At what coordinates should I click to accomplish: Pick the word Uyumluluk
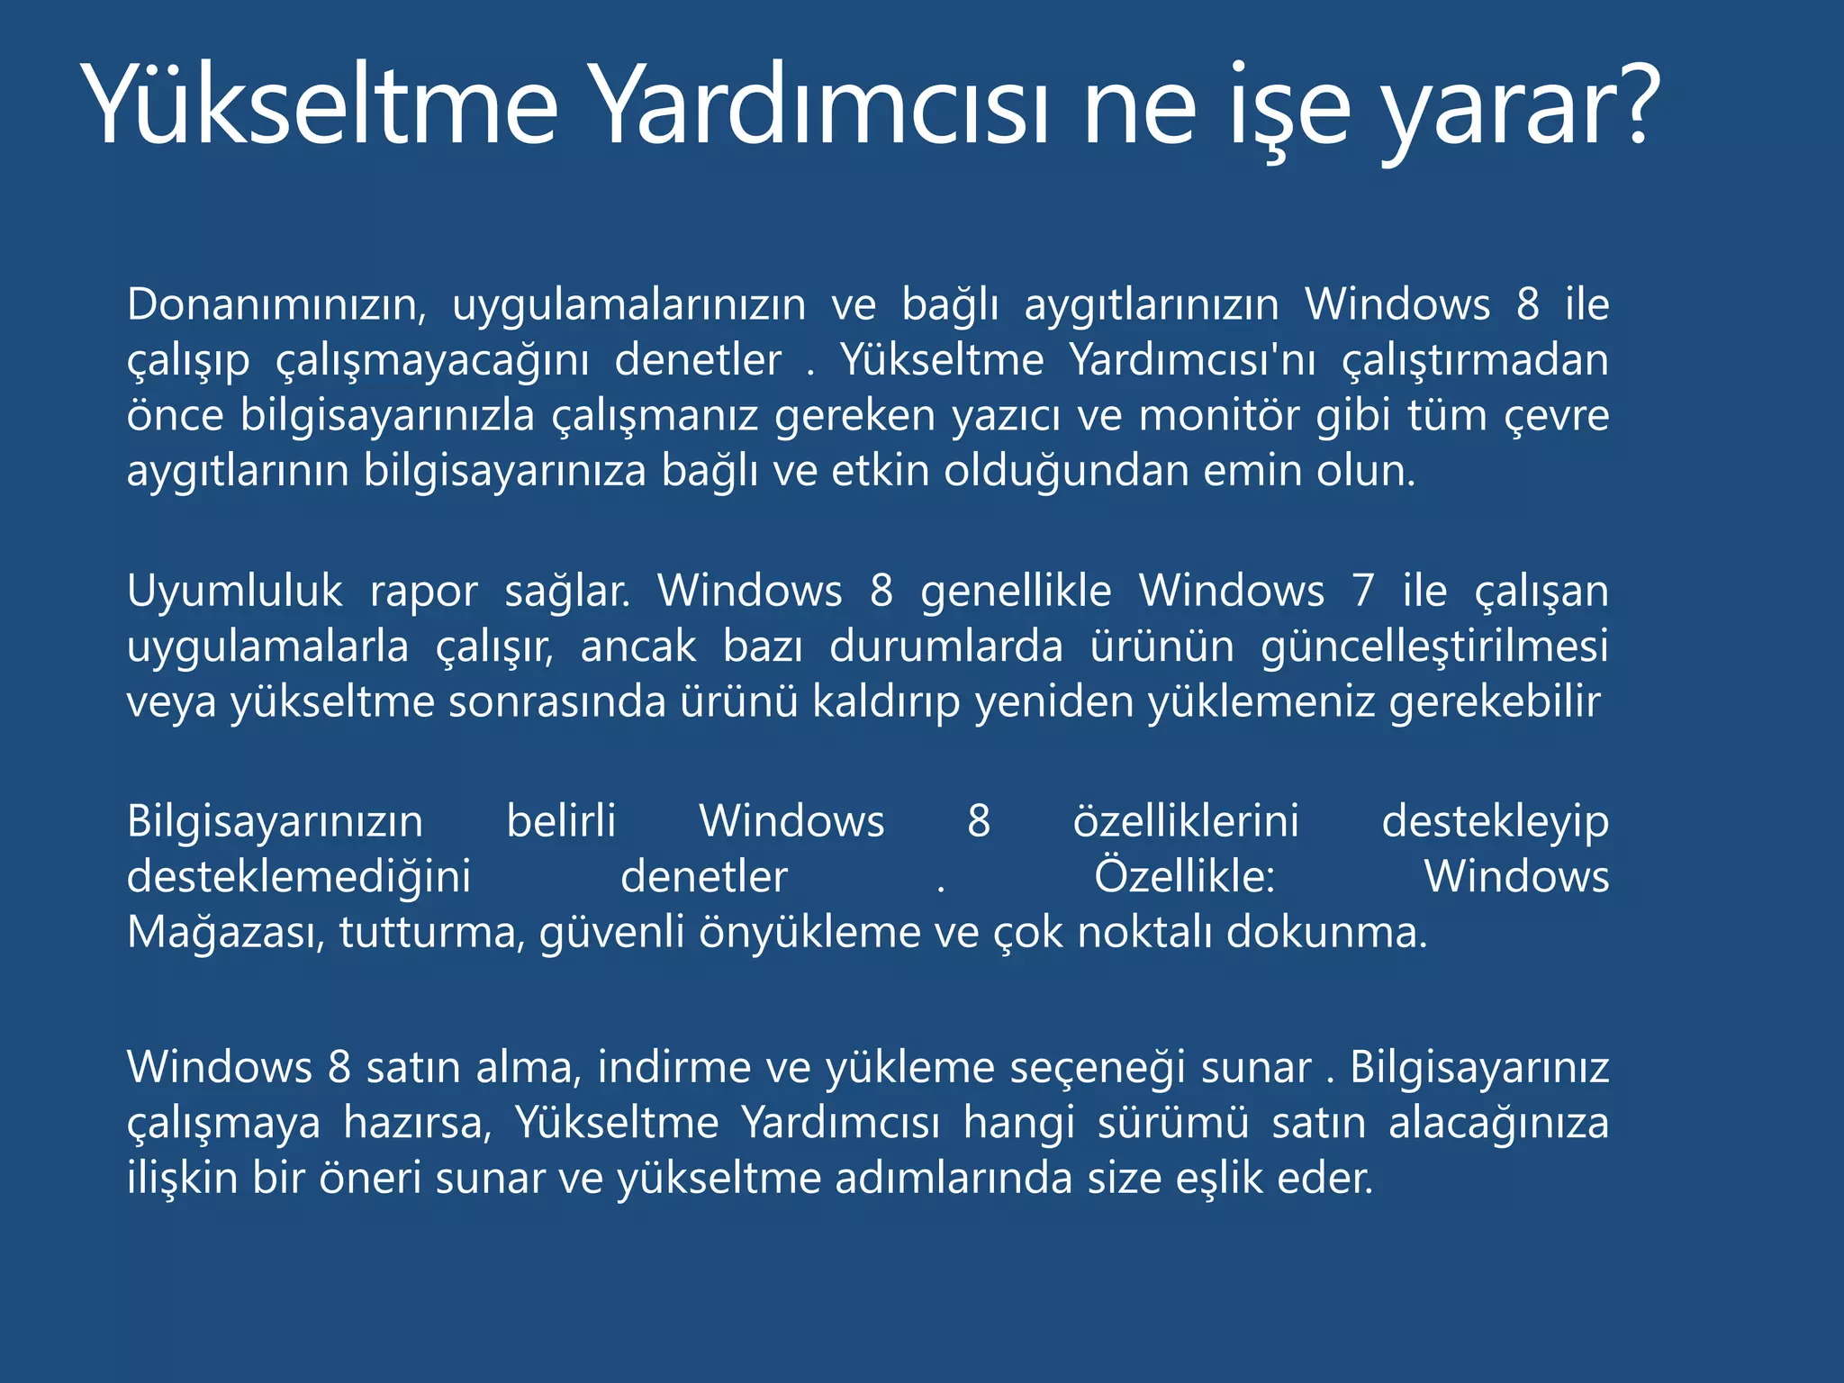click(x=234, y=592)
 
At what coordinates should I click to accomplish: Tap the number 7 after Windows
click(x=1363, y=592)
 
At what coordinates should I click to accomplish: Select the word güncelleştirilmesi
click(x=1434, y=647)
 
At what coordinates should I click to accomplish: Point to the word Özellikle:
click(x=1184, y=876)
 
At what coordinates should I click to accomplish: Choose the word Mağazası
click(x=225, y=933)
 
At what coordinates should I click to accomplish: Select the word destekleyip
click(x=1495, y=822)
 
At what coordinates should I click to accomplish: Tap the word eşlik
click(x=1219, y=1180)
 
